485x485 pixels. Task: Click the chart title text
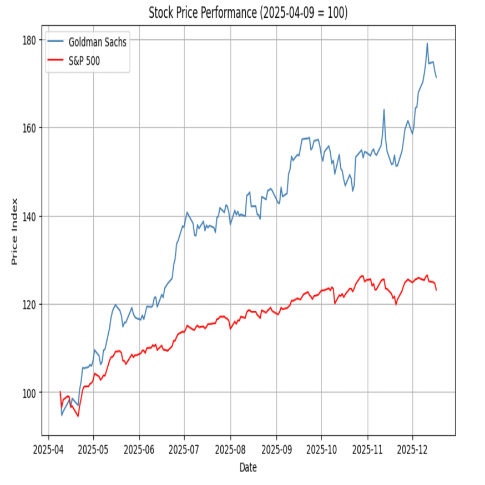coord(248,13)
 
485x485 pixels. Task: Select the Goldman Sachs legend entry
coord(97,42)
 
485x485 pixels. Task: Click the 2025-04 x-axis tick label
coord(48,448)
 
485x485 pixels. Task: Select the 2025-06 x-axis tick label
coord(139,448)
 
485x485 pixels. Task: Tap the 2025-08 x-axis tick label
coord(230,448)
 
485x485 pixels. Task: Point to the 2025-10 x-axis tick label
coord(322,448)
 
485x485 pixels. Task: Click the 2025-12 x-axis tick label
coord(412,448)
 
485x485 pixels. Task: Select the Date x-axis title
coord(248,468)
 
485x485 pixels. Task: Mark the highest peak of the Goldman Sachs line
coord(427,43)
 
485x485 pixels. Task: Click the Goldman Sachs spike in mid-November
coord(383,109)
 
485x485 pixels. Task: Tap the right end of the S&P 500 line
coord(436,290)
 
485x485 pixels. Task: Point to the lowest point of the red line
coord(78,416)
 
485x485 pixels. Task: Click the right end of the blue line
coord(436,77)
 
